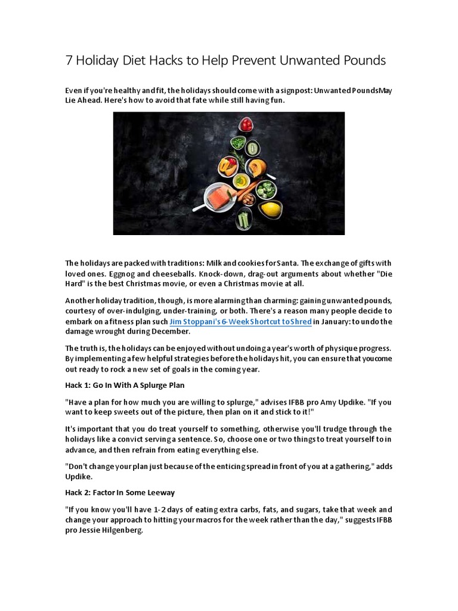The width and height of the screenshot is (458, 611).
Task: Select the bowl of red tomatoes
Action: pos(246,125)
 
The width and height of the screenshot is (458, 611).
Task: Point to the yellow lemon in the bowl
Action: pos(271,208)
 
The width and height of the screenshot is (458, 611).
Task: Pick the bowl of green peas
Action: pos(239,143)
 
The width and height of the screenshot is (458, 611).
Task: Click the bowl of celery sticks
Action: pos(243,220)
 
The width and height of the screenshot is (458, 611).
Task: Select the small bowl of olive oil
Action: pos(240,180)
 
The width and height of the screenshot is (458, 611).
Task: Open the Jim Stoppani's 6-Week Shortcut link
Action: pos(240,322)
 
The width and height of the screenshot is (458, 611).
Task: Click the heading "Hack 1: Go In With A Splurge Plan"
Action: pos(125,385)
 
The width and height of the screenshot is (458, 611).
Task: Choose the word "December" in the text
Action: pos(172,332)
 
